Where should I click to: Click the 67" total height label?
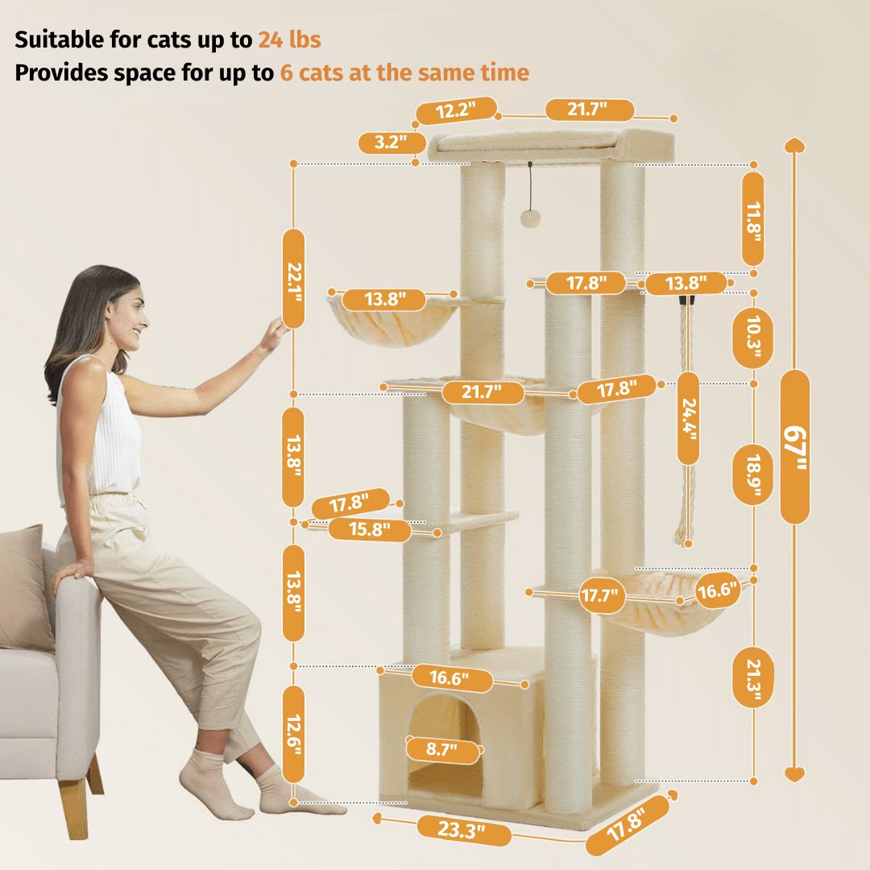[794, 447]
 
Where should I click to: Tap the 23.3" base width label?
[463, 830]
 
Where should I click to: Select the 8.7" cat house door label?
[443, 750]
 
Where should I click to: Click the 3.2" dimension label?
[391, 143]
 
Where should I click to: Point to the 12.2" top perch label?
[456, 110]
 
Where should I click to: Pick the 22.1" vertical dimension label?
[293, 279]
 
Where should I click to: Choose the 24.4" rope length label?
[688, 418]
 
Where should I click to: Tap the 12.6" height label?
[293, 735]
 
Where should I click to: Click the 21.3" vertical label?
[752, 678]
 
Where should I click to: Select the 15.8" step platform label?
[370, 529]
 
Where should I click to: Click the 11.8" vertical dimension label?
[753, 220]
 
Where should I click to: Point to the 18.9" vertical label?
[752, 474]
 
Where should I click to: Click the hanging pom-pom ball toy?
[530, 218]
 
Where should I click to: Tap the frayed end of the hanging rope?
[683, 536]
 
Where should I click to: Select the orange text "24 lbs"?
[290, 40]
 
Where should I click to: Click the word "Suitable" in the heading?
[60, 40]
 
